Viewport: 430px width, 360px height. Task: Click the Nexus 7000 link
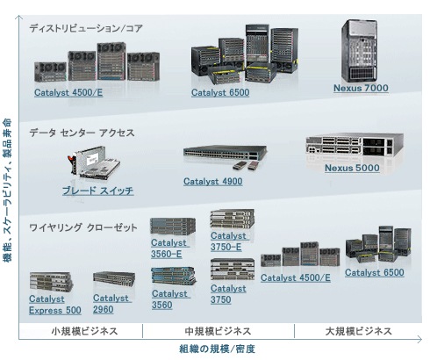361,88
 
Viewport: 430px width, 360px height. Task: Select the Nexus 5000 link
352,168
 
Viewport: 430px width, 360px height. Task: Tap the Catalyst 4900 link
213,182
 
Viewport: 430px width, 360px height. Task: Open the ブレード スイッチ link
98,191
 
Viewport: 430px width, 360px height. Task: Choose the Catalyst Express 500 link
55,305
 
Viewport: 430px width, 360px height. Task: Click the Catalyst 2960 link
112,304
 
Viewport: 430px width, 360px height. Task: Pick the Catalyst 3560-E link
170,248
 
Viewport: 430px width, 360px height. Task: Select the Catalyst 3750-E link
230,241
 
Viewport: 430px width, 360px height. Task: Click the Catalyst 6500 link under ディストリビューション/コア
220,93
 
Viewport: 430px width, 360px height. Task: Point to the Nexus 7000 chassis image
359,51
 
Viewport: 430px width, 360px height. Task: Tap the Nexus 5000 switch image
355,146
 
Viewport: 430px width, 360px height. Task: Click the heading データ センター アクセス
82,133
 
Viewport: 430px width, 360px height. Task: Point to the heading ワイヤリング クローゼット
83,227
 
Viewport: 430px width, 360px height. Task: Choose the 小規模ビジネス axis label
84,331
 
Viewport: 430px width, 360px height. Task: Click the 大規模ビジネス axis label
358,331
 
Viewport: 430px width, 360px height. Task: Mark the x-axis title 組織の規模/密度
217,349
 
